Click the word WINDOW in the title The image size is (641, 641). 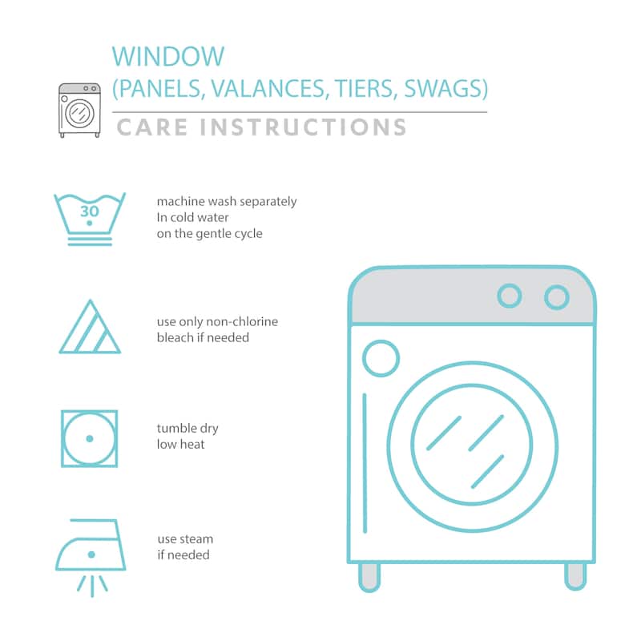[x=168, y=56]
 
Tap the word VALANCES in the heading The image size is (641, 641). [x=268, y=88]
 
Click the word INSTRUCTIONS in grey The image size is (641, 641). [x=303, y=127]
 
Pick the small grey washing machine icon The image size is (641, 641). [x=79, y=111]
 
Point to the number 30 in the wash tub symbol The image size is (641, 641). [x=90, y=212]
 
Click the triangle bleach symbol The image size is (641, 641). [x=90, y=327]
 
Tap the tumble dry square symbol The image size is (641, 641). [x=90, y=438]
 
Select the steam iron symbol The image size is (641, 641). [x=91, y=556]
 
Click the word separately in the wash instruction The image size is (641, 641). [x=268, y=202]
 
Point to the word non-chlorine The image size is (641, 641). [x=242, y=322]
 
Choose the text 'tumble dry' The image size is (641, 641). [x=187, y=429]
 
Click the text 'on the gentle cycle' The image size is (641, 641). [x=210, y=234]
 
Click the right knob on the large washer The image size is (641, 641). [x=557, y=297]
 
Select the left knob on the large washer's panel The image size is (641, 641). [x=510, y=296]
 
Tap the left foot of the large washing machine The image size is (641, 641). [x=369, y=577]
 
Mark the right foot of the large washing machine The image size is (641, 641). [x=575, y=576]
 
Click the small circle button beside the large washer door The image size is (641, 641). [x=381, y=358]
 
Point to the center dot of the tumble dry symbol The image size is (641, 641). [x=90, y=438]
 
